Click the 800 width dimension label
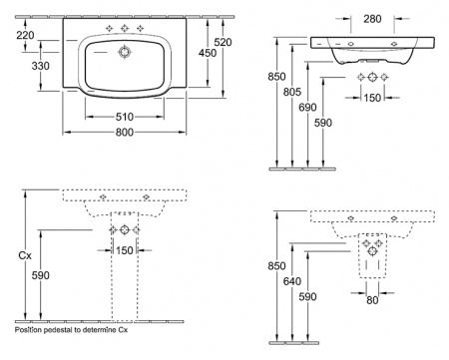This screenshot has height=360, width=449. click(125, 133)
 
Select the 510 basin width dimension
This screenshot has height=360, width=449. click(125, 117)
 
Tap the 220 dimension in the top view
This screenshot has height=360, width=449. click(25, 35)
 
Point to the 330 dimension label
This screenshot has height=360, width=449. click(41, 66)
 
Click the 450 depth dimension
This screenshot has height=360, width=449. click(208, 53)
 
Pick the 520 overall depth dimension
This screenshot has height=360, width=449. click(223, 42)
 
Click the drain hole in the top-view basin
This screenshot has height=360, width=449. click(125, 53)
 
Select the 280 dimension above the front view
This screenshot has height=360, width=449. click(372, 19)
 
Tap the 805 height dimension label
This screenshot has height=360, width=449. click(292, 92)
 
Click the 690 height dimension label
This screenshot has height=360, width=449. click(307, 108)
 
